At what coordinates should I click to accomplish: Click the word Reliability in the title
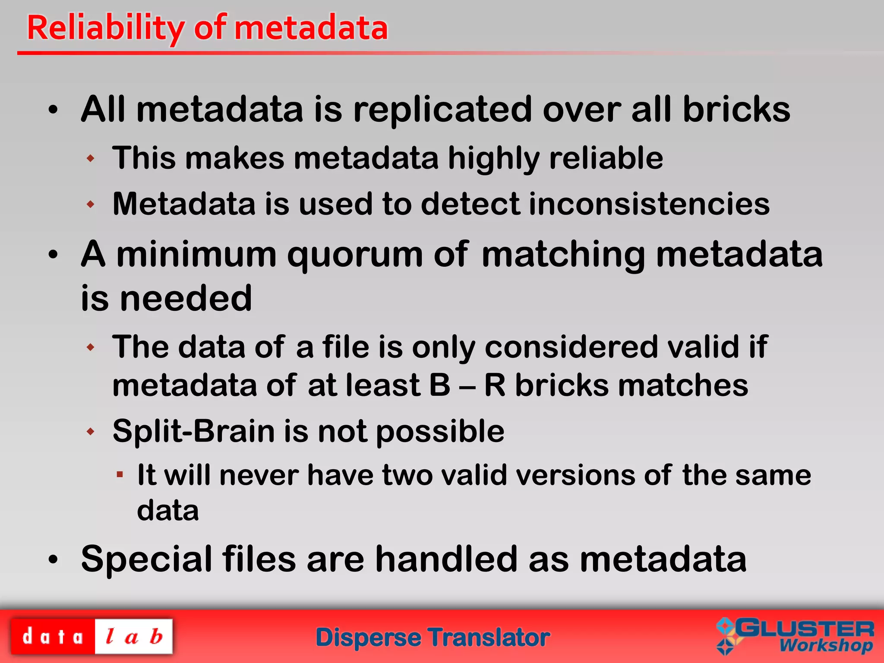tap(106, 28)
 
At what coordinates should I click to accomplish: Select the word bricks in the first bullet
tap(736, 110)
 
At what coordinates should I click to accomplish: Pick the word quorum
tap(355, 255)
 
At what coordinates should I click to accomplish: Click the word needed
tap(186, 298)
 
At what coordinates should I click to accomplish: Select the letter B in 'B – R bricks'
tap(440, 385)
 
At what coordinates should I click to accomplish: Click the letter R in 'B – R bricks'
tap(495, 385)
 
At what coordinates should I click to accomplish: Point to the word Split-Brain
tap(193, 431)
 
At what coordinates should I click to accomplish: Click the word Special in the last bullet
tap(146, 559)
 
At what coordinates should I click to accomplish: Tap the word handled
tap(446, 559)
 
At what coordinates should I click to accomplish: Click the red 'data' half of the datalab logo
tap(53, 637)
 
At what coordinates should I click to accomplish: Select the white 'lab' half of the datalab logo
tap(134, 637)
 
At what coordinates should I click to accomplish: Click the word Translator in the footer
tap(489, 638)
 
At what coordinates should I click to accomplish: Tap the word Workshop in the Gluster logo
tap(826, 646)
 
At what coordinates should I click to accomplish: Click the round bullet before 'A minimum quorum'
tap(53, 255)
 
